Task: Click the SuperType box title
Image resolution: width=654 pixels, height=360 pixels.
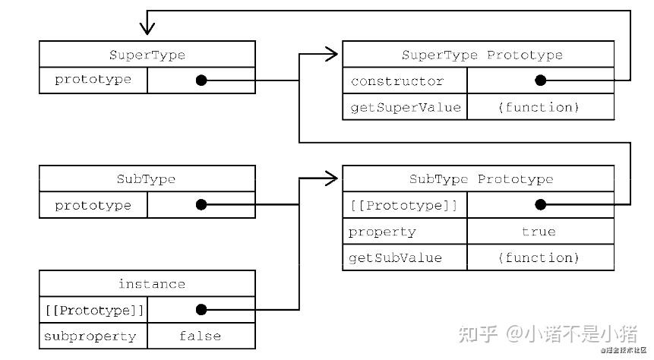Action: (147, 55)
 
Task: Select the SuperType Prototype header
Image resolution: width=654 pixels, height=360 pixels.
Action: (482, 55)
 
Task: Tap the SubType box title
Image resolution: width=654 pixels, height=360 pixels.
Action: (147, 180)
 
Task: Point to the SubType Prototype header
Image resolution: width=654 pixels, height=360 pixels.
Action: (481, 180)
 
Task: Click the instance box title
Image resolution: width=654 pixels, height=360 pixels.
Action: (151, 284)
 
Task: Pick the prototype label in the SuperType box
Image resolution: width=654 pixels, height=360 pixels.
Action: (93, 80)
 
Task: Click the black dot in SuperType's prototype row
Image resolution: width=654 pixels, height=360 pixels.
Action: (201, 80)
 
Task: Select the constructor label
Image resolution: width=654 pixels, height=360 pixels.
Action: (397, 81)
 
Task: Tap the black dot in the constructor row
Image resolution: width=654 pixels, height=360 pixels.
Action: (540, 81)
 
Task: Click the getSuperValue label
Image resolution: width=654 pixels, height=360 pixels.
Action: (405, 107)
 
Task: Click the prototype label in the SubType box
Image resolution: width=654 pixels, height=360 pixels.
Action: (93, 205)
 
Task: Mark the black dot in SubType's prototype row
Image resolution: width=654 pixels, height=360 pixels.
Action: (201, 205)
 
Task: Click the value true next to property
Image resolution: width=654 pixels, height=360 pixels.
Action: (539, 232)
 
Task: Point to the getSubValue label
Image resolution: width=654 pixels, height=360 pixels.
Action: (395, 258)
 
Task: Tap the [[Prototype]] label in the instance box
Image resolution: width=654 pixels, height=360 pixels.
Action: (93, 310)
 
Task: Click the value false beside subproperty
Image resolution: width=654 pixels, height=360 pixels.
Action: (200, 336)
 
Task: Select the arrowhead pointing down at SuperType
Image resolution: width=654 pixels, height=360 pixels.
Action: (147, 28)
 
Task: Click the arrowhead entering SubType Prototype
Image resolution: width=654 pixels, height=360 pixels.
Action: (331, 179)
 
